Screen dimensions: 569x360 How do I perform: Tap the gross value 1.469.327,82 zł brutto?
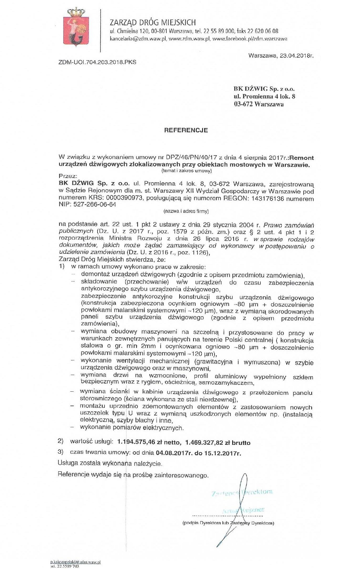click(x=217, y=443)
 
